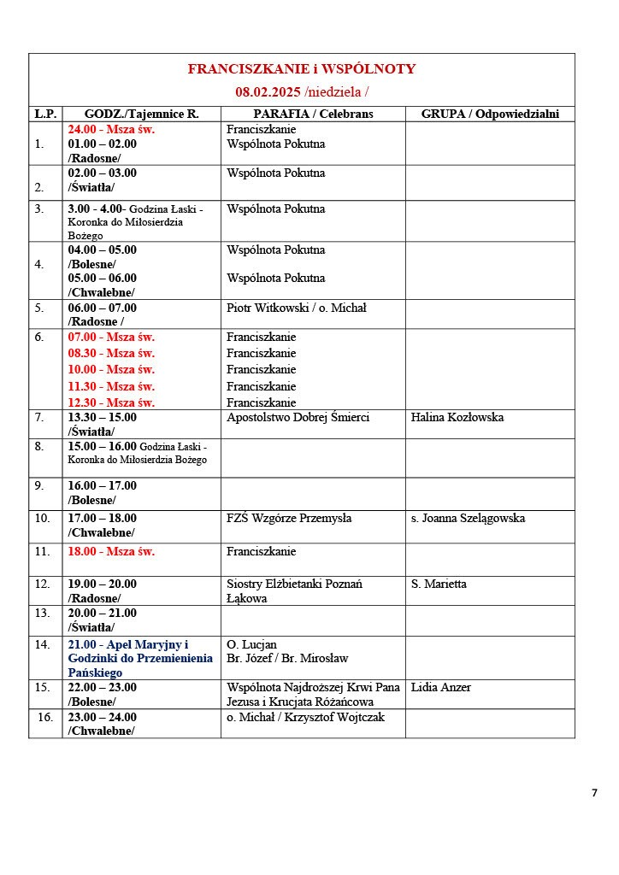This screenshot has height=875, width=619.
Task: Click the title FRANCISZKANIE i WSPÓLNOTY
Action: tap(302, 69)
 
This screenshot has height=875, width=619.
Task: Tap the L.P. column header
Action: tap(44, 114)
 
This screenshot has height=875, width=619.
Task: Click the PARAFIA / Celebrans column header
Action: tap(313, 114)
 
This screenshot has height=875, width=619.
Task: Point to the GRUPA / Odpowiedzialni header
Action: tap(490, 114)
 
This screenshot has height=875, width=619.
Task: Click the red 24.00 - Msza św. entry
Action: tap(111, 130)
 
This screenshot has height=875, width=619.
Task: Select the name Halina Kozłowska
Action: tap(457, 418)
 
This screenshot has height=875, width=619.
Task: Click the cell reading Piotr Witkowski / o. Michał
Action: tap(296, 308)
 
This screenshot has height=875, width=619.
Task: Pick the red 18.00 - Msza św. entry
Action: tap(111, 552)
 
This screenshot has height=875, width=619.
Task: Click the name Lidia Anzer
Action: tap(440, 688)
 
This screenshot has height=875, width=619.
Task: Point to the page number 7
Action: tap(594, 793)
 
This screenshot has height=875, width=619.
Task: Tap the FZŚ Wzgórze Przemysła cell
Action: tap(289, 519)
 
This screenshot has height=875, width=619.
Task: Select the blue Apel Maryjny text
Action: tap(128, 644)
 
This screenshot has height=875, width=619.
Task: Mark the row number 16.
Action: tap(44, 718)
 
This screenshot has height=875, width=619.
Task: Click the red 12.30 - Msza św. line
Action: tap(111, 402)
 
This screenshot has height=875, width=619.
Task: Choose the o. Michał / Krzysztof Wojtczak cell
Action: tap(305, 718)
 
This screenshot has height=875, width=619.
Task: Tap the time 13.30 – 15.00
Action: tap(102, 418)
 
